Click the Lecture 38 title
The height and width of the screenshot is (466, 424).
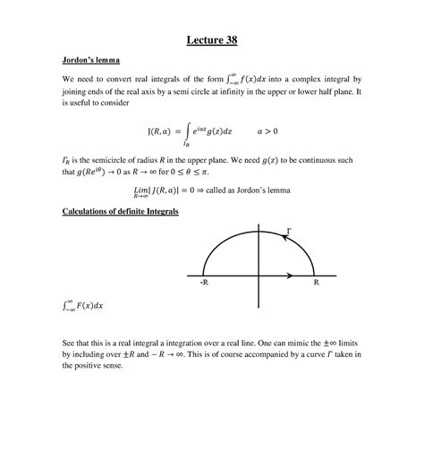pos(211,39)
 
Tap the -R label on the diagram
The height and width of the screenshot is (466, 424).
pos(204,282)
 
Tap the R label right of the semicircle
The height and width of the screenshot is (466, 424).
pos(317,282)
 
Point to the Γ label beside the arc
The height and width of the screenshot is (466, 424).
pos(288,233)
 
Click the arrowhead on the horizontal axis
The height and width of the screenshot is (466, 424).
pos(290,274)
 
